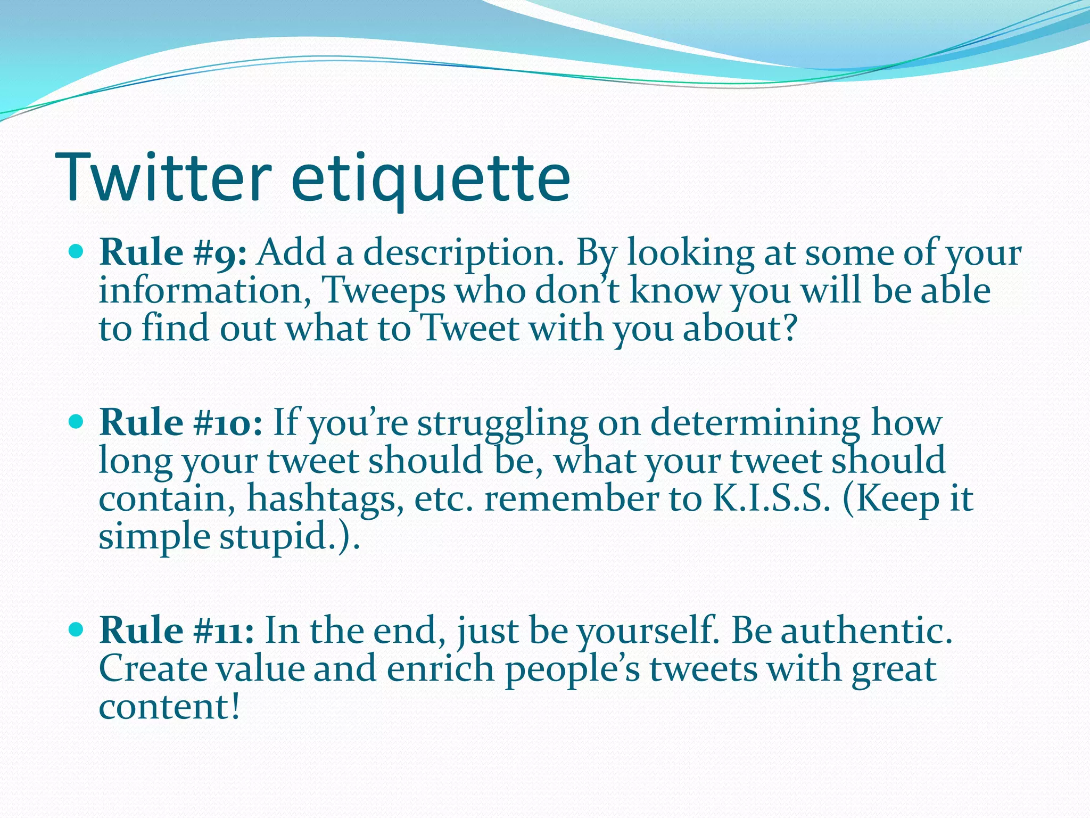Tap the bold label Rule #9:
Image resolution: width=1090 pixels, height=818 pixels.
[173, 253]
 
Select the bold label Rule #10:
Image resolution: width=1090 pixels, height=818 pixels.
[181, 423]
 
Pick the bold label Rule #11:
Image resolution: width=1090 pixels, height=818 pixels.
[177, 631]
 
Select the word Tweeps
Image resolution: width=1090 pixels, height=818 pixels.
[384, 292]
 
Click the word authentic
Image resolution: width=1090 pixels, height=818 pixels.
[866, 631]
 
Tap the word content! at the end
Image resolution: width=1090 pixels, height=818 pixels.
[170, 707]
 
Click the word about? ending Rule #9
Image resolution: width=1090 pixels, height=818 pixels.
[740, 329]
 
